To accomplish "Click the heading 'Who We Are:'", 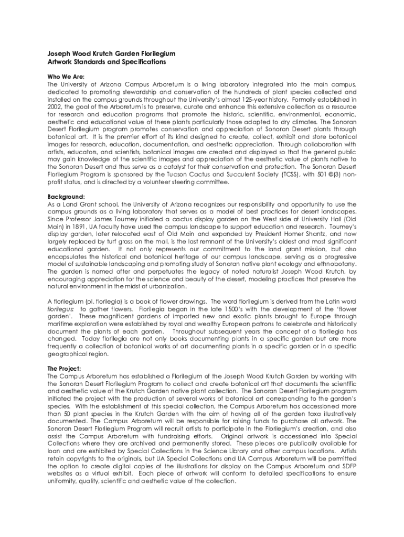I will (66, 77).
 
